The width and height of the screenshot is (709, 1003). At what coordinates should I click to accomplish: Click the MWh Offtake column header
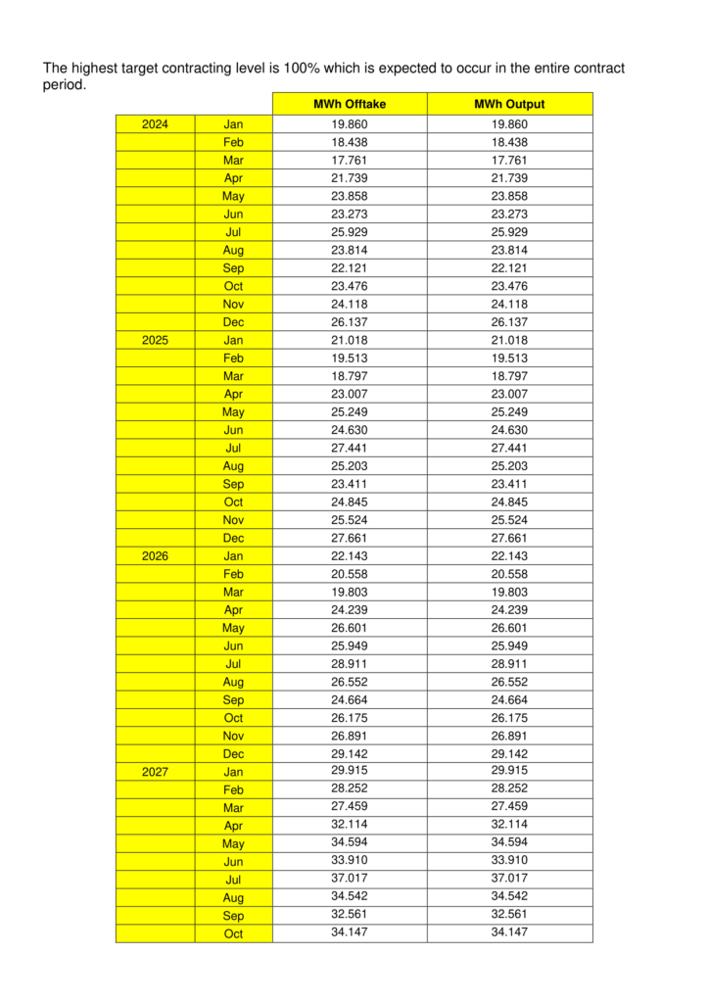[x=350, y=104]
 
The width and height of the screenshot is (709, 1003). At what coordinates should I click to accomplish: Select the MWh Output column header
[x=509, y=104]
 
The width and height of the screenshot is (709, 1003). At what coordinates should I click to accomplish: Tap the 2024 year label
[x=155, y=124]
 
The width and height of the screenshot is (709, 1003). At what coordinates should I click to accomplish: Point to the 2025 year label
[x=155, y=340]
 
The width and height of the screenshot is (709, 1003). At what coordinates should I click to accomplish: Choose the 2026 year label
[x=155, y=555]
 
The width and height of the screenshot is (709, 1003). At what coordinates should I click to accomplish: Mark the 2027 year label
[x=155, y=772]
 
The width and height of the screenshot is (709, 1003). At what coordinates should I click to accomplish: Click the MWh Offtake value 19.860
[x=350, y=124]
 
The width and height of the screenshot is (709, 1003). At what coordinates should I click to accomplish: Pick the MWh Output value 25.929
[x=509, y=232]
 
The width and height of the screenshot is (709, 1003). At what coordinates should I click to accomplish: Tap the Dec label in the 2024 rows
[x=233, y=322]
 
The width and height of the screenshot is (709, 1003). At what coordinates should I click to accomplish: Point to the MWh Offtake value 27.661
[x=350, y=538]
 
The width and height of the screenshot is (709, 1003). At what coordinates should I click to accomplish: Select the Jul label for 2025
[x=233, y=448]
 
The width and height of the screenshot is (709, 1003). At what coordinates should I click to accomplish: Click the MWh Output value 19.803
[x=509, y=592]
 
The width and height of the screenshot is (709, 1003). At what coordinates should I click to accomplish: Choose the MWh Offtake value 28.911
[x=350, y=663]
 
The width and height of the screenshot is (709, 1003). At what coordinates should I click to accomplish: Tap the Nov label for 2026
[x=233, y=736]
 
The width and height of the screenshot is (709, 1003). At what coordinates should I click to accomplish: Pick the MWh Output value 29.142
[x=509, y=753]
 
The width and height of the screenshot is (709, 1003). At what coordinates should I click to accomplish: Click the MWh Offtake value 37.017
[x=350, y=878]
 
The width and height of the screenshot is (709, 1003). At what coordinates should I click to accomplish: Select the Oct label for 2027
[x=233, y=933]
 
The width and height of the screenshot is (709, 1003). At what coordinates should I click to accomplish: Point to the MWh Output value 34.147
[x=509, y=931]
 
